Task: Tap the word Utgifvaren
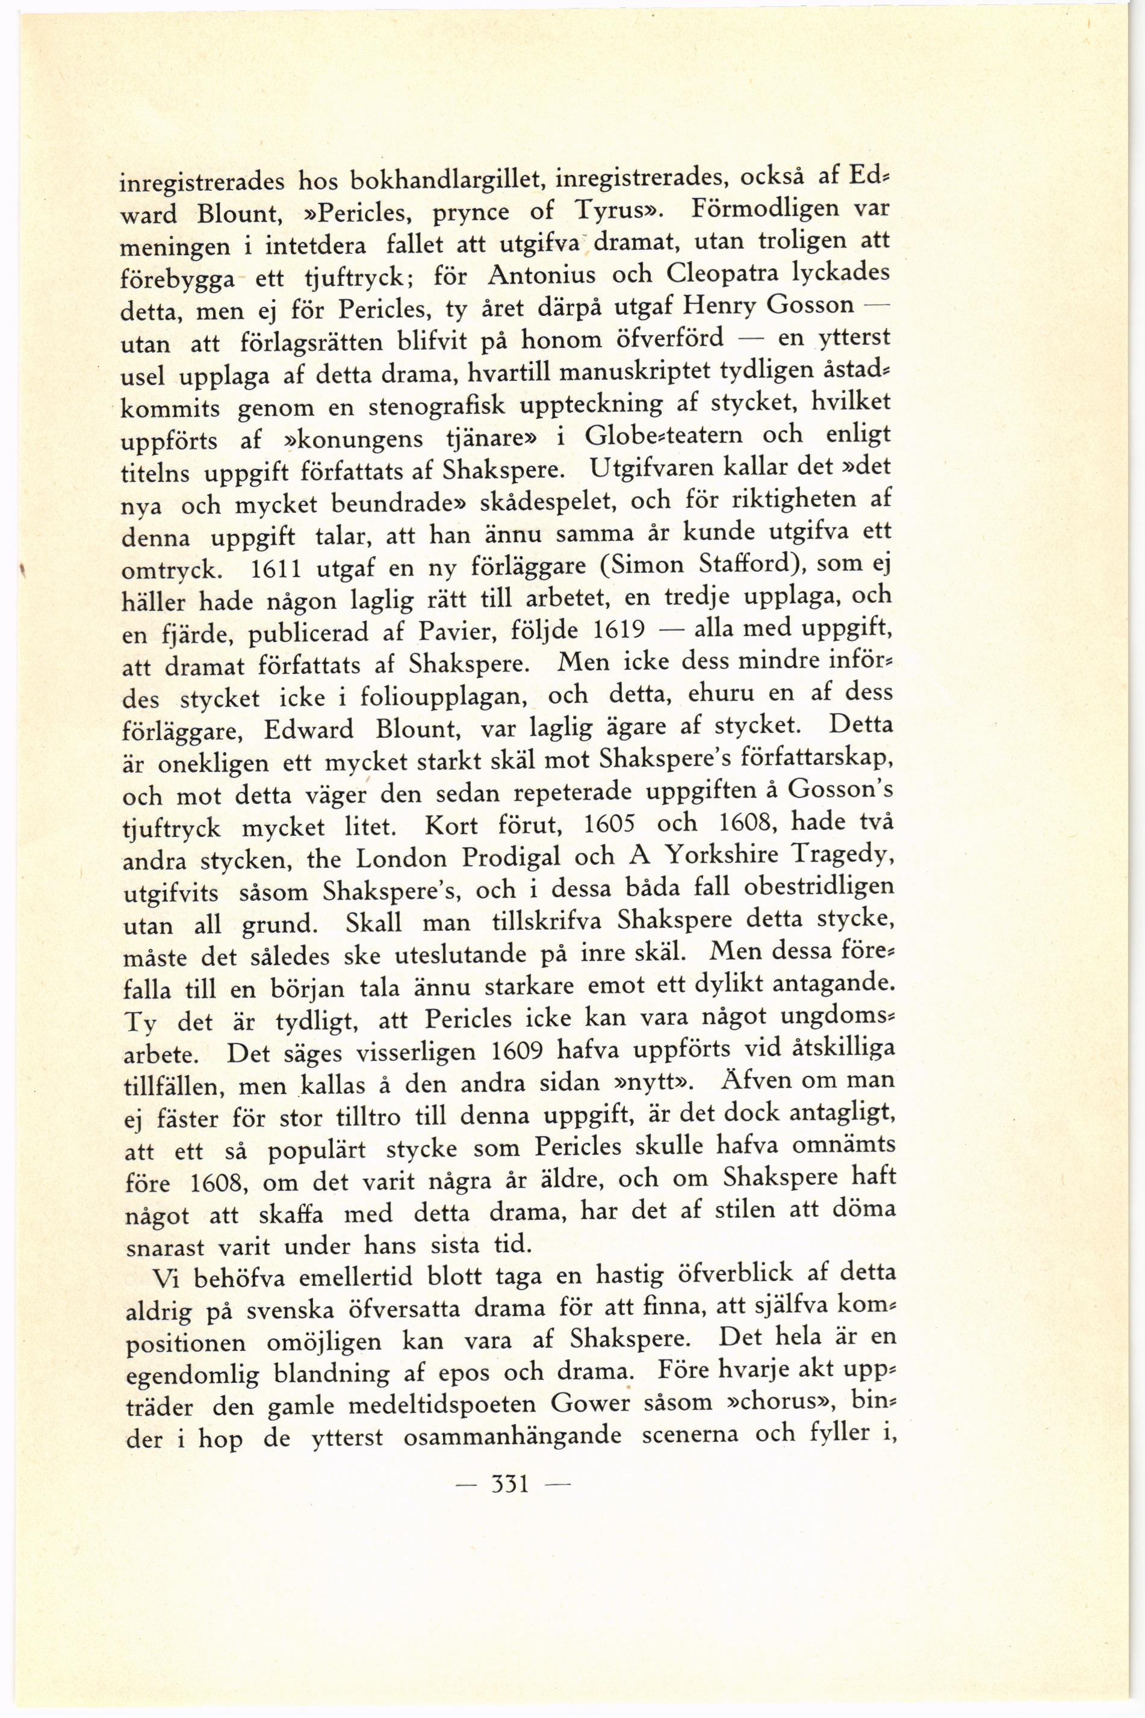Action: coord(655,467)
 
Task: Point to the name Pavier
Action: coord(459,631)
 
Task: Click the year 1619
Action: coord(618,629)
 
